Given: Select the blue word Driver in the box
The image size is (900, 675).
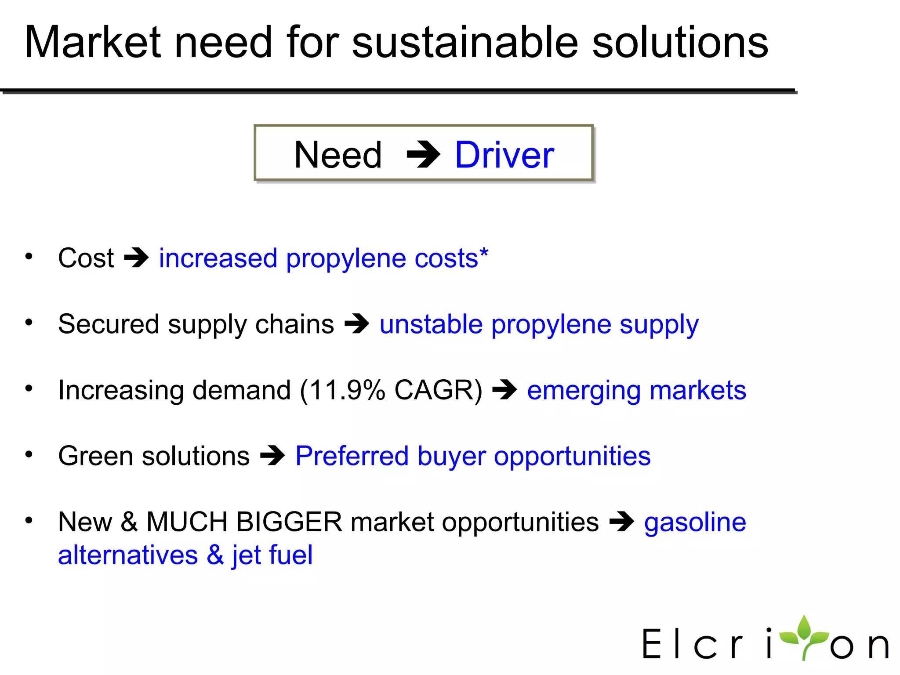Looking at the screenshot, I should pos(504,155).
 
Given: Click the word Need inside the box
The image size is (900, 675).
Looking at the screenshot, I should pos(337,155).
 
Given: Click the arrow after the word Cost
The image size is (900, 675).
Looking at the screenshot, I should pos(136,258).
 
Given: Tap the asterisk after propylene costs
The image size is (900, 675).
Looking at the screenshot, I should pos(483,252).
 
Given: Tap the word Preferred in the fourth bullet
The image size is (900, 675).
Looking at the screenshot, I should pos(352,456).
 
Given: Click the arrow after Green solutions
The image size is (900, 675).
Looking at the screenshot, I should pos(272,456).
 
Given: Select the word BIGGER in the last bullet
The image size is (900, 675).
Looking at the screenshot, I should pos(289,522).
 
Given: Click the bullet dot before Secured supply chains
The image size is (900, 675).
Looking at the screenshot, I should pos(29,323).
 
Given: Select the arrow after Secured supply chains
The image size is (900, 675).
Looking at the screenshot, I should pos(356,324).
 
